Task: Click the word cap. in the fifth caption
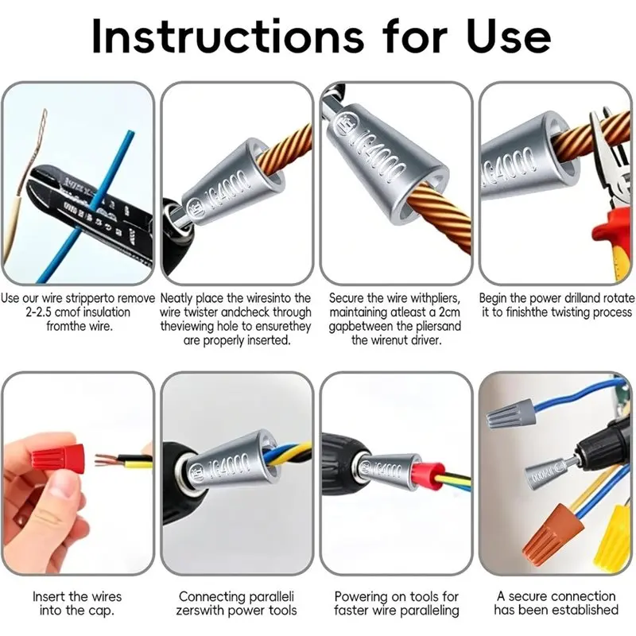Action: click(x=100, y=611)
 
